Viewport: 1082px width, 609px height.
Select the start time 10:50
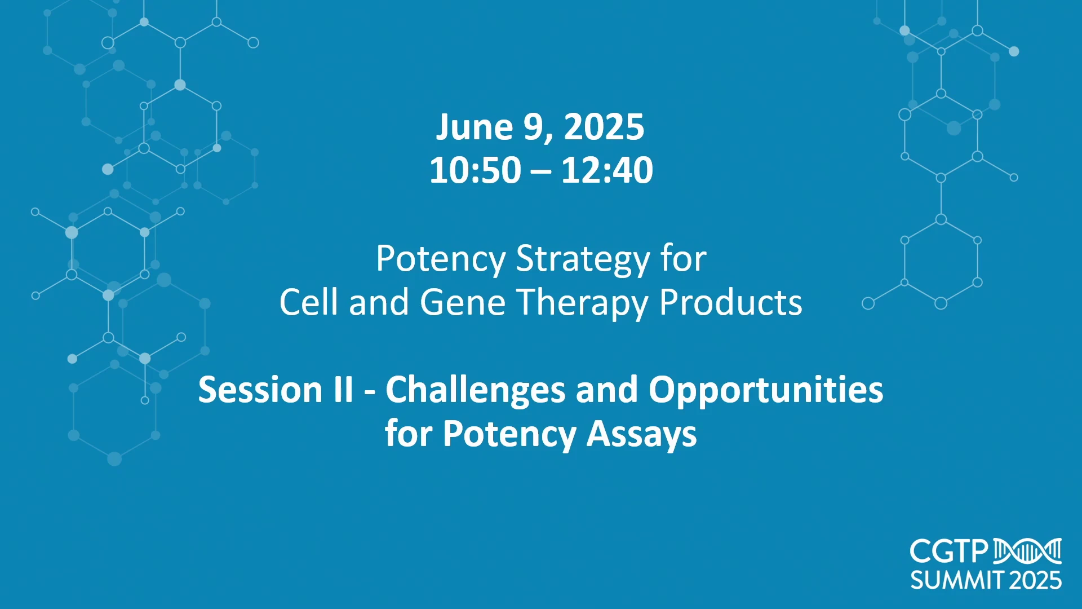(x=475, y=170)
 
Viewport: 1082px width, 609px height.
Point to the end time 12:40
(x=607, y=170)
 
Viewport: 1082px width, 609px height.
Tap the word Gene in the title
(x=463, y=302)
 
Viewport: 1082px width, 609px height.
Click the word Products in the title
(x=730, y=302)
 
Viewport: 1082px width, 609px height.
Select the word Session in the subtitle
(x=260, y=390)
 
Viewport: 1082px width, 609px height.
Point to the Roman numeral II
(x=343, y=390)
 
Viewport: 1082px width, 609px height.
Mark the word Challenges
(x=475, y=391)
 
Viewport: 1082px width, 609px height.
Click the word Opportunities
(x=765, y=391)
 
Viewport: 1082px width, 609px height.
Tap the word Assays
(x=641, y=435)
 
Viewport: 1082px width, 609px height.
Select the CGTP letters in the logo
(x=949, y=551)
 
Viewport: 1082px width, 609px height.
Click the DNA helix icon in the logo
(x=1027, y=551)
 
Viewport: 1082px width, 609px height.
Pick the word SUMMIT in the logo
(x=957, y=580)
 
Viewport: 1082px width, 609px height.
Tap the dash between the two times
(x=541, y=171)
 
